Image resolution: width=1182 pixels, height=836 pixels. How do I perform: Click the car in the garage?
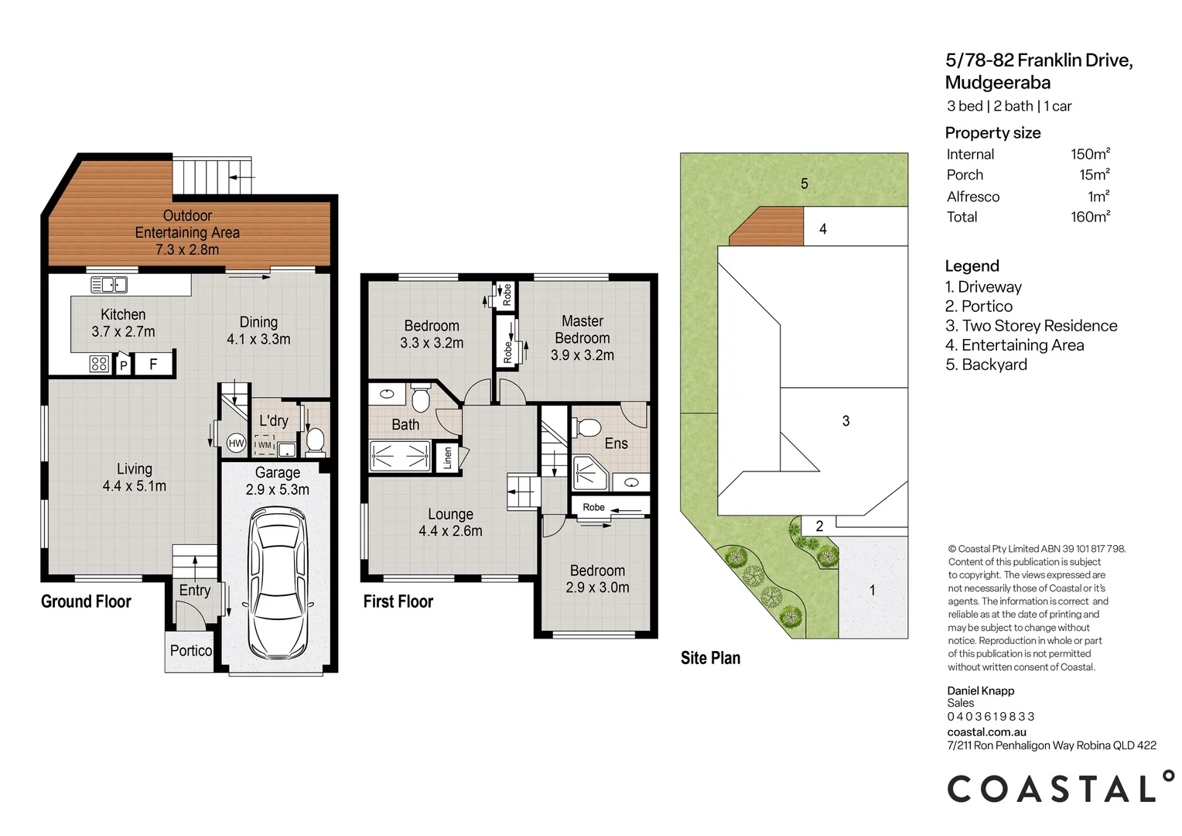(x=278, y=582)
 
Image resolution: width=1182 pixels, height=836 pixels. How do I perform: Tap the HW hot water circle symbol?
(x=236, y=444)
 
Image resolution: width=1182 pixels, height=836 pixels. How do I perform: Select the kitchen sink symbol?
(x=109, y=285)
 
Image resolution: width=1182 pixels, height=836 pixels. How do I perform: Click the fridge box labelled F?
(x=153, y=364)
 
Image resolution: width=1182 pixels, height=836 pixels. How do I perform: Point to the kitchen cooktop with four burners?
(x=99, y=364)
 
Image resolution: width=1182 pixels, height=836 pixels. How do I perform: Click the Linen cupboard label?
(x=447, y=457)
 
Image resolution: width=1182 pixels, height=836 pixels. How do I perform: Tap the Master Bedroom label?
(x=582, y=330)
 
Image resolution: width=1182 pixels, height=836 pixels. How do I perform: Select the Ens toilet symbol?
(x=589, y=427)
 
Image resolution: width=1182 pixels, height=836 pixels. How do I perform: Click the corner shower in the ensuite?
(x=589, y=473)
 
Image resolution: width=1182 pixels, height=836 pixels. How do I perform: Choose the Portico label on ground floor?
(x=190, y=651)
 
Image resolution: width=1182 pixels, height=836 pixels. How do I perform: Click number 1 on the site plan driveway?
(x=872, y=591)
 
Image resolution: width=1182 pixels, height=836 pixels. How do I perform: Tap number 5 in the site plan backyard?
(x=805, y=183)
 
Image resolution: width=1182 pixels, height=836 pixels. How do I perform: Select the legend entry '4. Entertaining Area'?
(x=1014, y=345)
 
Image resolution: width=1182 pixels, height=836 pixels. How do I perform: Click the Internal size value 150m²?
(x=1090, y=154)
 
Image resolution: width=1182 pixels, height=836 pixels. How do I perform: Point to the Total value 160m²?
(x=1090, y=218)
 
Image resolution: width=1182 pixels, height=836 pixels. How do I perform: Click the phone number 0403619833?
(x=990, y=717)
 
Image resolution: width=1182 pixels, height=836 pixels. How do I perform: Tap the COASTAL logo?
(x=1060, y=788)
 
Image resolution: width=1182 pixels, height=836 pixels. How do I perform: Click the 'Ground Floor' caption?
(x=86, y=601)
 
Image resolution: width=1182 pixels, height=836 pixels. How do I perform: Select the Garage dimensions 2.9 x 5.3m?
(x=277, y=490)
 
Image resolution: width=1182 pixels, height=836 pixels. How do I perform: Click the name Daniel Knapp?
(x=980, y=690)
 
